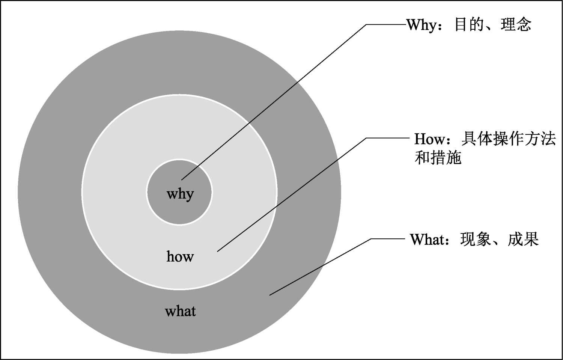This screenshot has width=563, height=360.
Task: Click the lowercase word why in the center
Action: [180, 194]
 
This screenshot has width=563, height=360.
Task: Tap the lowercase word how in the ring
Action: [180, 256]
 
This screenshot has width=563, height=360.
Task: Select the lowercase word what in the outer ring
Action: [180, 311]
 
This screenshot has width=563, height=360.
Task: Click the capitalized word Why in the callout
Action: [421, 25]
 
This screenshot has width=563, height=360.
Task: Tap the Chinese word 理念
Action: [516, 25]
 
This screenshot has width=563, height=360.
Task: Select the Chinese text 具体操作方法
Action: [508, 139]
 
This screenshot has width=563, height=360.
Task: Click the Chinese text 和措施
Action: [438, 158]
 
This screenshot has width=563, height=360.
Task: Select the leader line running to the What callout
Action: [319, 267]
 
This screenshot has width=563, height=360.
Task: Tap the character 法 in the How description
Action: [548, 139]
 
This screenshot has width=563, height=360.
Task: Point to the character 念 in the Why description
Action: [524, 25]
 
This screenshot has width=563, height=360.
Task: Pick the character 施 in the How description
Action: [453, 158]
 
